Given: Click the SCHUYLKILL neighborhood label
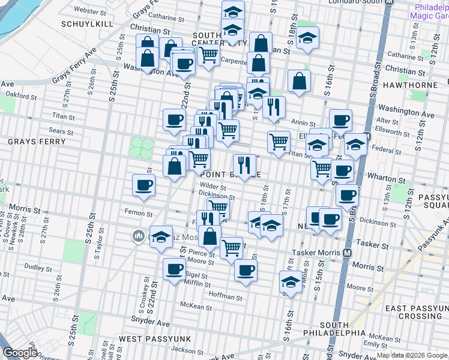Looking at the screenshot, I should click(84, 24).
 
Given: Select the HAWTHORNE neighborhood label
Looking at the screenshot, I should click(414, 85).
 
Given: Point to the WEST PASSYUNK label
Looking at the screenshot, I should click(155, 339).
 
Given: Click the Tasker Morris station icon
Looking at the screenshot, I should click(347, 253).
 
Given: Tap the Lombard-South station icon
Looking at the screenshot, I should click(389, 2).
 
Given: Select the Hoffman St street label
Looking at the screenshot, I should click(225, 296).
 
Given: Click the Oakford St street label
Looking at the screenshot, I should click(22, 94).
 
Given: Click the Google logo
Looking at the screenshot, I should click(20, 353).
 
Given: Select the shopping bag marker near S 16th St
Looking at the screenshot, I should click(299, 81).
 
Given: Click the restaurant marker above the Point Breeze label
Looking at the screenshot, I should click(244, 164).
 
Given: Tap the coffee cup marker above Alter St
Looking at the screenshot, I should click(340, 119).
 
